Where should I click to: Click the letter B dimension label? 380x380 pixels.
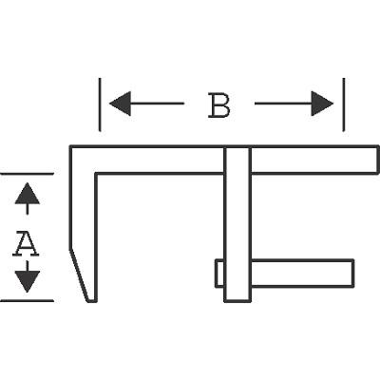pos(219,105)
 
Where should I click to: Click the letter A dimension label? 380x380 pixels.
pos(26,244)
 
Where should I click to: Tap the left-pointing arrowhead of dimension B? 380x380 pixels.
pos(120,104)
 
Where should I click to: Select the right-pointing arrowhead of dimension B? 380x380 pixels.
pos(322,104)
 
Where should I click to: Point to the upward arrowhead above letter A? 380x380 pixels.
pos(28,193)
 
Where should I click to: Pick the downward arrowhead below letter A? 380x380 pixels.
pos(28,281)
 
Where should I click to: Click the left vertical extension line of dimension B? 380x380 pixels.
pos(100,104)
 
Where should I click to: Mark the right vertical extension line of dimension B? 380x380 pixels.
pos(344,104)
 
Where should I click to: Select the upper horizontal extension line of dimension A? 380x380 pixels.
pos(27,174)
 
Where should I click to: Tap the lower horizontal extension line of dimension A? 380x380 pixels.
pos(27,300)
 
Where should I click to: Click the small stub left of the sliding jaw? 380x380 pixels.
pos(219,274)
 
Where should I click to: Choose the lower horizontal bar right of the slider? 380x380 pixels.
pos(302,274)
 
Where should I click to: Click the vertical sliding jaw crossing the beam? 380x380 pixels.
pos(237,224)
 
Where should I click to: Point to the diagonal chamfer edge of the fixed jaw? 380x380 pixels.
pos(79,275)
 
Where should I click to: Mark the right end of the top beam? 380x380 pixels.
pos(378,160)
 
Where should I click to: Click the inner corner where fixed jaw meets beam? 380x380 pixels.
pos(96,174)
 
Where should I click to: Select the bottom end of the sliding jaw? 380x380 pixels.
pos(237,301)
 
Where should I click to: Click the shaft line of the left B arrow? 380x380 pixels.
pos(157,104)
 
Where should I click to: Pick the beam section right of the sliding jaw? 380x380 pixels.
pos(314,160)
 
